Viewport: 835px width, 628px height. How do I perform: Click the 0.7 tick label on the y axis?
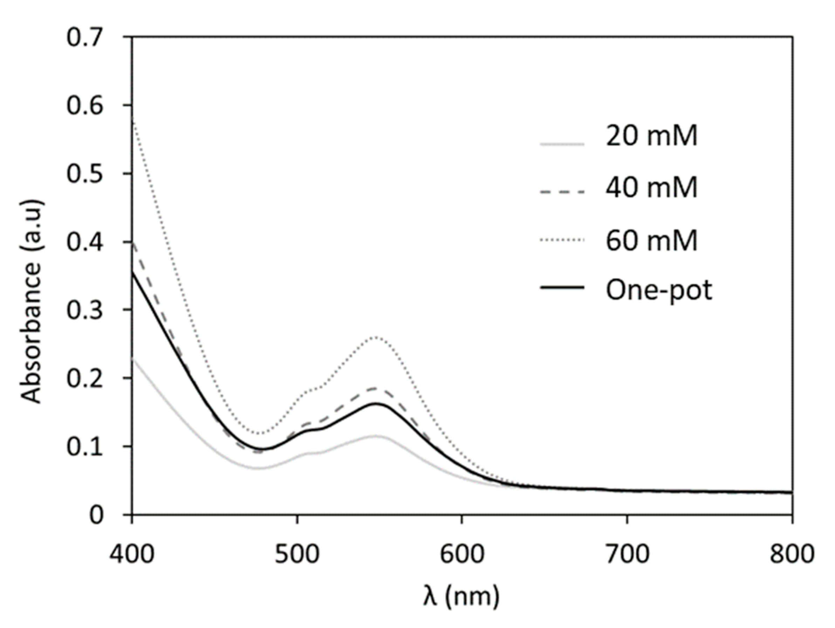point(84,38)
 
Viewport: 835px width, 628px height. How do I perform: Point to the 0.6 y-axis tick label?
point(84,106)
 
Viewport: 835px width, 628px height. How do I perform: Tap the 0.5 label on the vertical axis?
point(84,175)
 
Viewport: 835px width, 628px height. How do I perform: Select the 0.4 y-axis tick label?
point(84,243)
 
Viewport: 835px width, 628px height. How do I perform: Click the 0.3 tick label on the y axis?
point(84,310)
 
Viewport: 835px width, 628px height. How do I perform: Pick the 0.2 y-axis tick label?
point(84,379)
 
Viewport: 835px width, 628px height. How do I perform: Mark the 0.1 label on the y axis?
point(84,447)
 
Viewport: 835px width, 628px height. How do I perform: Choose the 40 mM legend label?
point(651,188)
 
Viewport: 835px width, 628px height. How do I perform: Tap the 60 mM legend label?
point(651,240)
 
